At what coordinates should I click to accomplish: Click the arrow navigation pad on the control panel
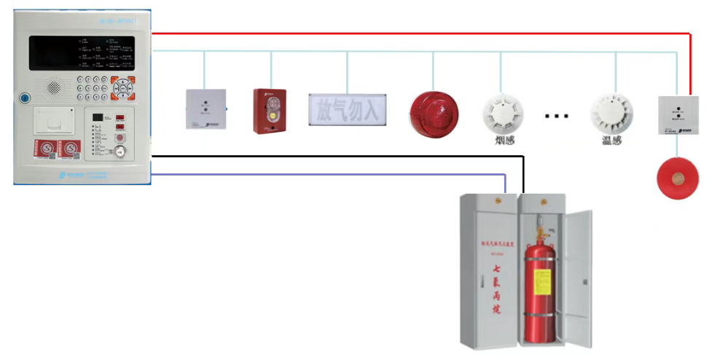(124, 88)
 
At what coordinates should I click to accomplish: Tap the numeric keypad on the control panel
(93, 88)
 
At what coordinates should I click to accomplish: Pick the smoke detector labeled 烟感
(501, 112)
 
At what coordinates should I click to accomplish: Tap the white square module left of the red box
(206, 109)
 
